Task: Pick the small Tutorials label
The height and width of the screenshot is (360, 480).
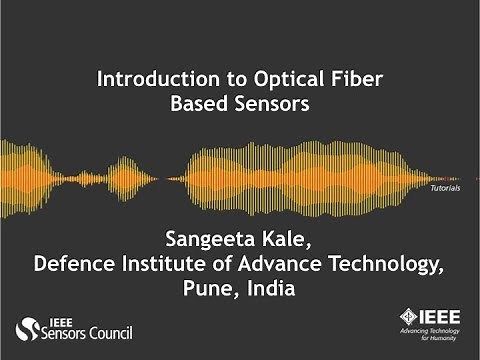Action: tap(444, 188)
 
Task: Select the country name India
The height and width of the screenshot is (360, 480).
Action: tap(270, 288)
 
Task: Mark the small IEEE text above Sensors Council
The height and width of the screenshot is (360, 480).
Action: tap(58, 319)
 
